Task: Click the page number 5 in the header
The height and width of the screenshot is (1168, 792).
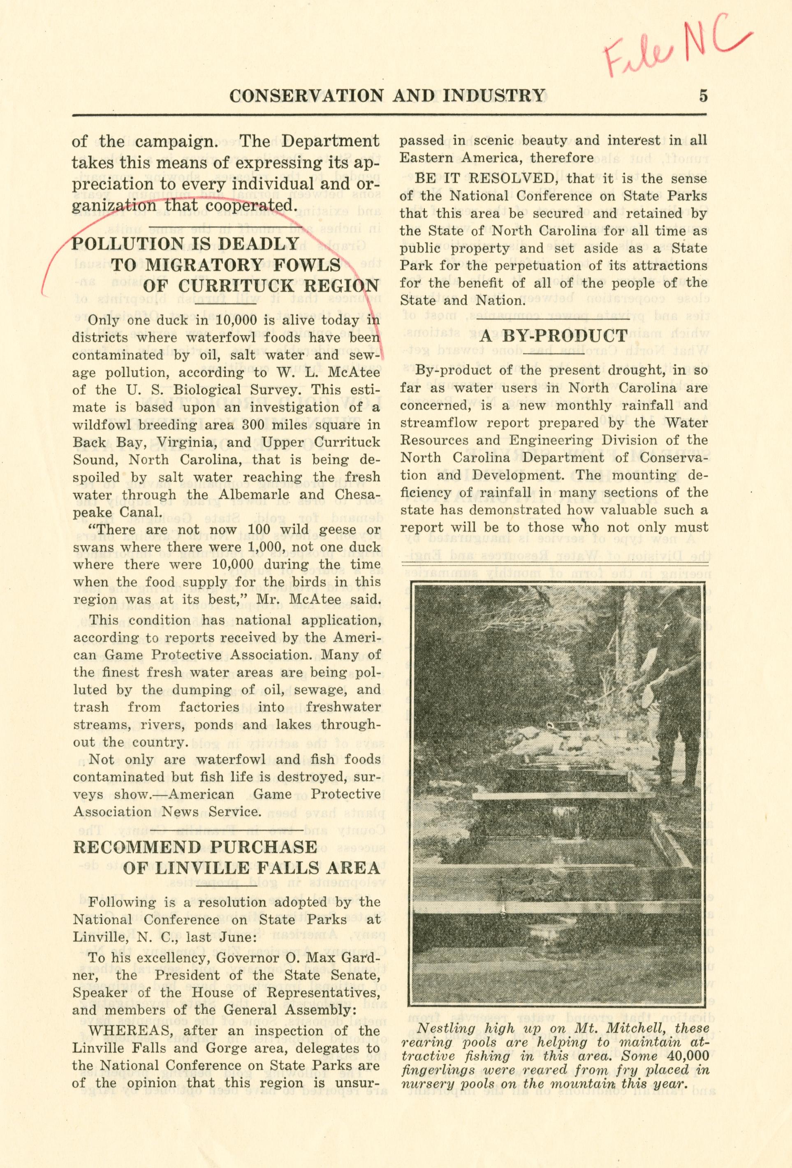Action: coord(703,95)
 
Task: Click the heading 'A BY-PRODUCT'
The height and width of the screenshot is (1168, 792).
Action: coord(553,336)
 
